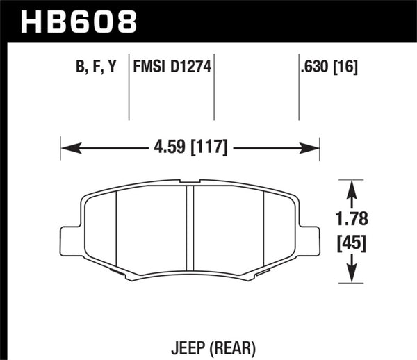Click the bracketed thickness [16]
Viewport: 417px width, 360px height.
345,69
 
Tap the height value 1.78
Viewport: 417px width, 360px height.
353,220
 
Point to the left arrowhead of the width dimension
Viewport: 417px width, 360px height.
67,147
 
